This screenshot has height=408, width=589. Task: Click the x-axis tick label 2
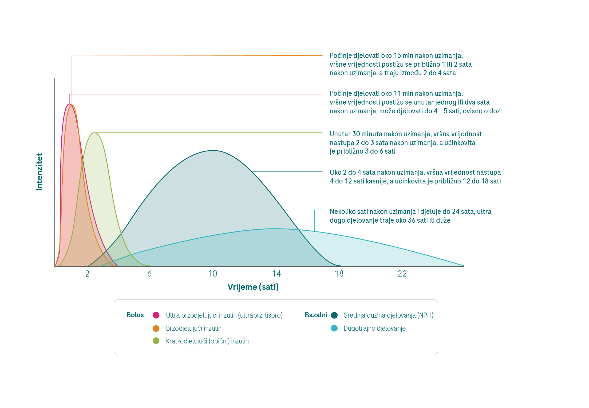[x=87, y=274]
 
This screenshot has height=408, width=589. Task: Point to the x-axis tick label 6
[x=149, y=274]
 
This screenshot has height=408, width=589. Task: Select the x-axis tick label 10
[x=213, y=274]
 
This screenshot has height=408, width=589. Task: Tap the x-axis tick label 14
[x=276, y=274]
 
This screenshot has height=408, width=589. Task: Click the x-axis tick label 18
[x=339, y=274]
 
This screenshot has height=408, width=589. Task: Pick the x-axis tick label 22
[x=402, y=274]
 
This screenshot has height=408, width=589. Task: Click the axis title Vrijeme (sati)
[x=253, y=287]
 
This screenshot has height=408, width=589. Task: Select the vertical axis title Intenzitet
[x=39, y=172]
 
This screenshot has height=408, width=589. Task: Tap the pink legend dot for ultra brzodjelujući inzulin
[x=156, y=315]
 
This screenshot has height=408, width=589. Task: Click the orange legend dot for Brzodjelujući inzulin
[x=156, y=328]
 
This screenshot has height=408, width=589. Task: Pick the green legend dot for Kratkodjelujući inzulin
[x=156, y=341]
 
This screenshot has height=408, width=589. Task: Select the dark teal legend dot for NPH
[x=334, y=315]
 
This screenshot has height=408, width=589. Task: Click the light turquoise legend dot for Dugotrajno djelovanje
[x=334, y=328]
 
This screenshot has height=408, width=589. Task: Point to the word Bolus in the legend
[x=135, y=315]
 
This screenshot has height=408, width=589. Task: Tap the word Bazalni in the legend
[x=316, y=315]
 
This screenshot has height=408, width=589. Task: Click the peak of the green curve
[x=94, y=133]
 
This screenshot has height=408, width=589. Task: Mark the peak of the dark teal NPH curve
[x=213, y=150]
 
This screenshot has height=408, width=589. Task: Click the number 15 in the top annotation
[x=397, y=56]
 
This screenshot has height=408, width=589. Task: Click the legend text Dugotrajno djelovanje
[x=374, y=329]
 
